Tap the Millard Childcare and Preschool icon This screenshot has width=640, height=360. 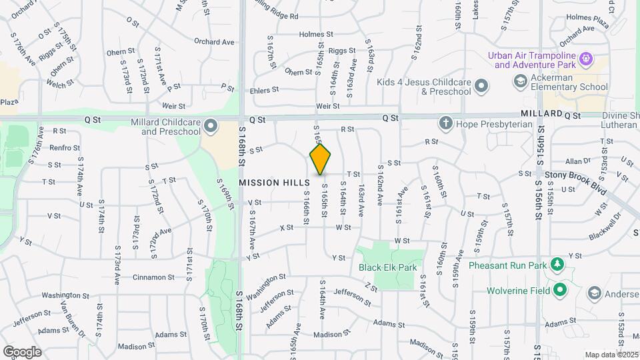[x=211, y=125]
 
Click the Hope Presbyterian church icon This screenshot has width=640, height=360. [x=445, y=123]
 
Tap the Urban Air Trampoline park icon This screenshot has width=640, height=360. [x=586, y=59]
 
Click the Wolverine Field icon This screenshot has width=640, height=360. [x=560, y=290]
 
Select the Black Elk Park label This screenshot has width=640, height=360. [x=387, y=267]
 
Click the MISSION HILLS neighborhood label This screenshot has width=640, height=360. [x=274, y=182]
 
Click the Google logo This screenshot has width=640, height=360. [x=21, y=351]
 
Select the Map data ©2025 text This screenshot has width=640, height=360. [x=611, y=355]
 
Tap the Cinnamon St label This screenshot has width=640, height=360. [x=153, y=277]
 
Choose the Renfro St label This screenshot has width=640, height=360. [x=65, y=148]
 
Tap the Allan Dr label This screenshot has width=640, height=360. [x=577, y=161]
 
